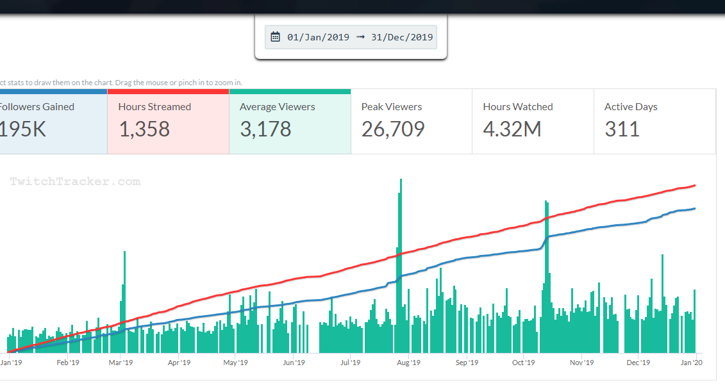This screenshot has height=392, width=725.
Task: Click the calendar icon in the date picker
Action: click(276, 37)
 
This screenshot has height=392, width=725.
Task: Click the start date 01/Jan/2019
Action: click(318, 37)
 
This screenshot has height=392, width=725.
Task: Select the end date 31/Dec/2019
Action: click(402, 37)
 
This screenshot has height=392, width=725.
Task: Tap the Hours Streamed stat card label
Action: click(154, 107)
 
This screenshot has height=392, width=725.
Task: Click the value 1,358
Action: click(144, 129)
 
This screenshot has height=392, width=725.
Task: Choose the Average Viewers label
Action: click(277, 107)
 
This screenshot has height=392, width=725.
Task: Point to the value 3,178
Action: click(265, 129)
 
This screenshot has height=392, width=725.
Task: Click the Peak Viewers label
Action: click(392, 107)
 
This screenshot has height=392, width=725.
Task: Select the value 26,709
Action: click(393, 129)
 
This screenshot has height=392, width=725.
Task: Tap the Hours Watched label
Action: click(517, 107)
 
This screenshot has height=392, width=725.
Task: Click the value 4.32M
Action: click(512, 129)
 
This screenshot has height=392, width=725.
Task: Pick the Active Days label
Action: click(631, 107)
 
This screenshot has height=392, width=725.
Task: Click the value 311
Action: click(622, 129)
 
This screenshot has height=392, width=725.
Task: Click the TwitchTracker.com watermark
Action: click(75, 182)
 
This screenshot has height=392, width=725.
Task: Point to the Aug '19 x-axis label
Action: click(408, 363)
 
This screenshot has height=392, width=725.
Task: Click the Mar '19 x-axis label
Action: click(121, 363)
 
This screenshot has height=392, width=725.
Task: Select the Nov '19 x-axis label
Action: click(581, 363)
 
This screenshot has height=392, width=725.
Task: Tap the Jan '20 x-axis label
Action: click(690, 363)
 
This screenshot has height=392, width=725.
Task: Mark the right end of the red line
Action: click(695, 186)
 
